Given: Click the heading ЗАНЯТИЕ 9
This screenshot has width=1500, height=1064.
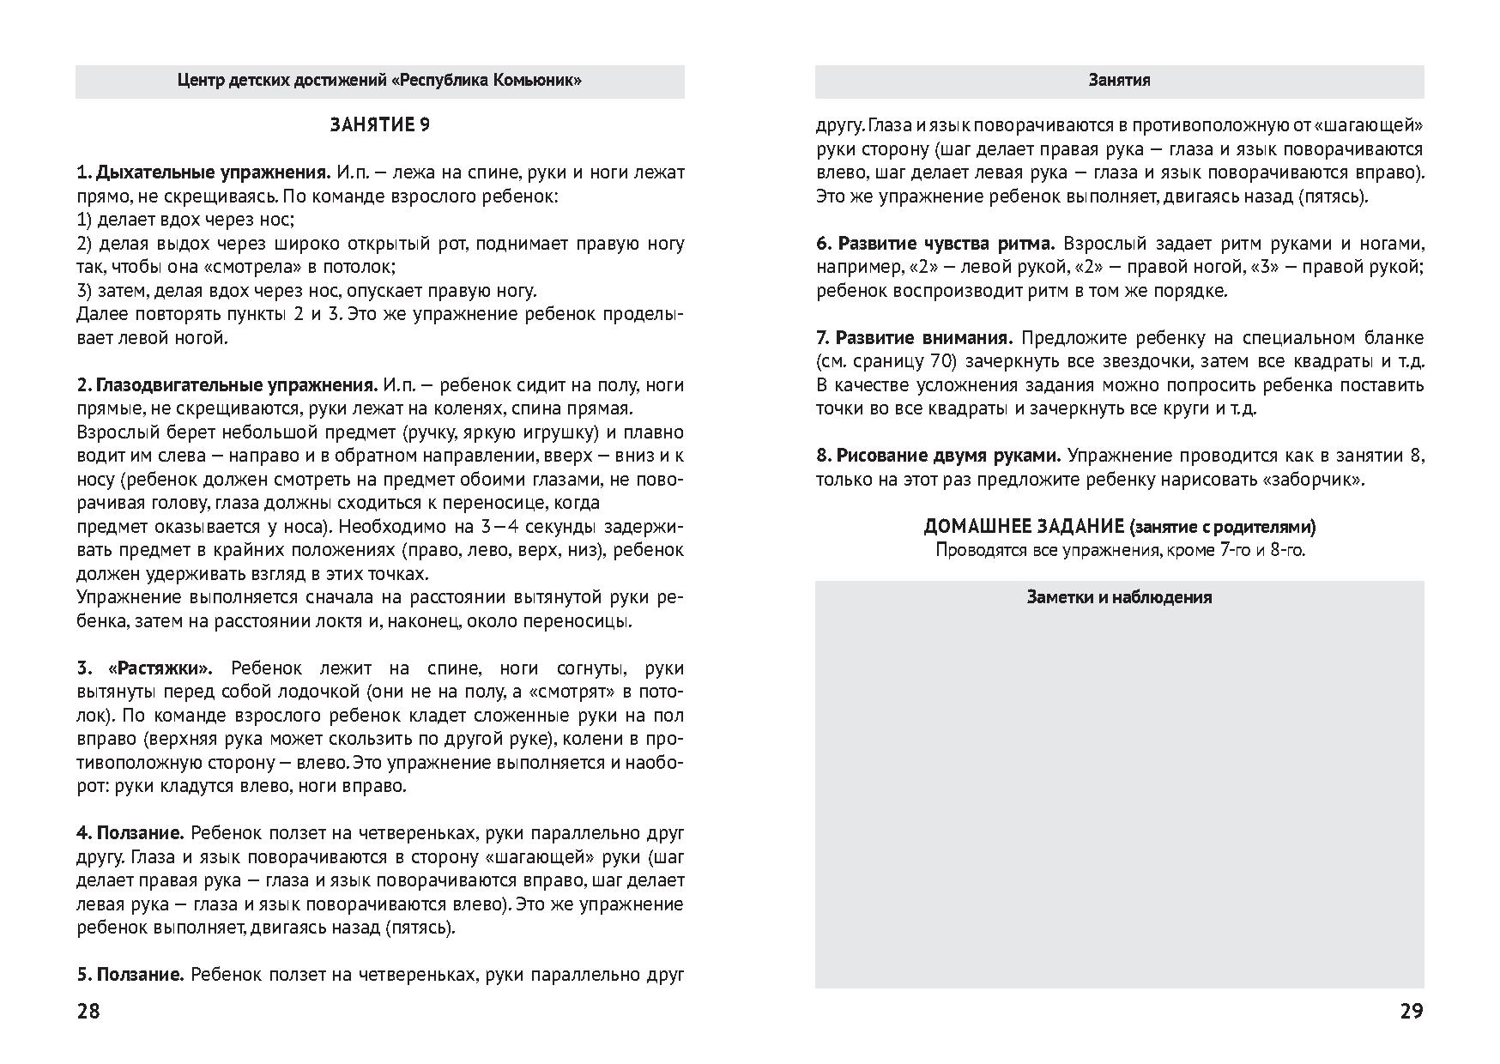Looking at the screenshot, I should [380, 125].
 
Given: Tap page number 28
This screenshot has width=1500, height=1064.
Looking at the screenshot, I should [88, 1011].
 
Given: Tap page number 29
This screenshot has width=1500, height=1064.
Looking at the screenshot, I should [1412, 1011].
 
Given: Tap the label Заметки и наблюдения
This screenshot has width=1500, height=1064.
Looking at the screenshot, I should [1119, 597].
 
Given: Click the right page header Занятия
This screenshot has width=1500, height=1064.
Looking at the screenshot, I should [1119, 81].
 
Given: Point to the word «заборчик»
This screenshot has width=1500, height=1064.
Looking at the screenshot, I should [1313, 480].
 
